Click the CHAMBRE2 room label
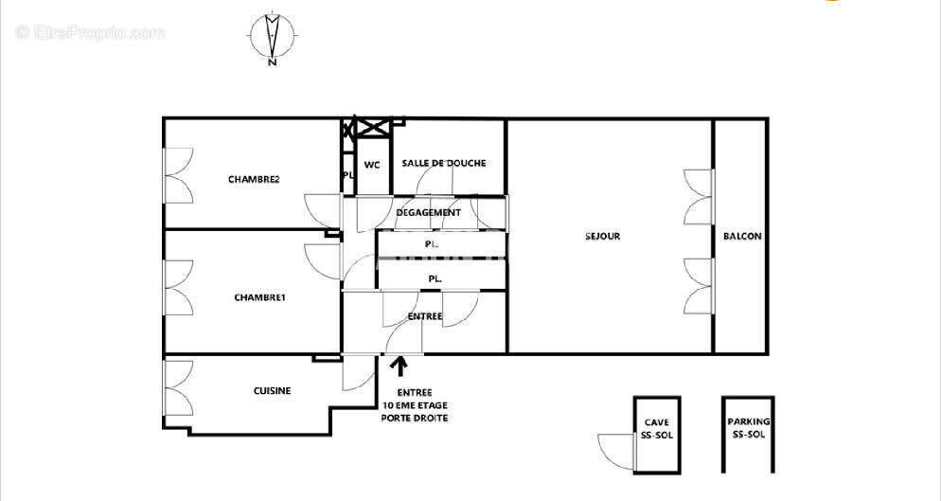(254, 179)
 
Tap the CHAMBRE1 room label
(259, 297)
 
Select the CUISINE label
(272, 391)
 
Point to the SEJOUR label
(603, 236)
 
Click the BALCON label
(741, 236)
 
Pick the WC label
(372, 164)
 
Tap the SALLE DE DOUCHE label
(444, 163)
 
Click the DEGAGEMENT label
(428, 212)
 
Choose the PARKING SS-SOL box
(748, 434)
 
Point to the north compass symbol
(272, 34)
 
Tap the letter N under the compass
(272, 63)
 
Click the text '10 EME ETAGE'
(415, 405)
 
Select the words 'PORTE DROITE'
(415, 418)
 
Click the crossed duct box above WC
(372, 127)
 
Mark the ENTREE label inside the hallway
(424, 316)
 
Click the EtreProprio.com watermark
(91, 33)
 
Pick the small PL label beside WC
(347, 175)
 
